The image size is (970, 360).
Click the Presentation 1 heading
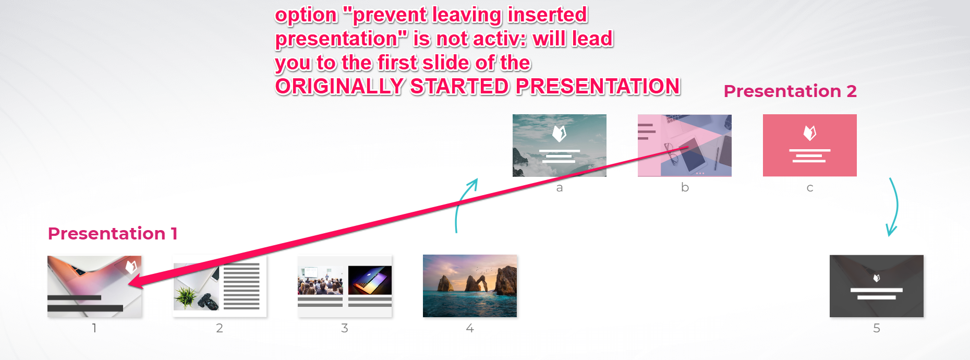tap(113, 234)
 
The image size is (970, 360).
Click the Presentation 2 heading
tap(790, 91)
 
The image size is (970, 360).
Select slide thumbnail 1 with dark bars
tap(94, 286)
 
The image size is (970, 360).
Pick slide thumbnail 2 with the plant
tap(220, 286)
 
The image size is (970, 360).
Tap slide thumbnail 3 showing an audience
tap(345, 286)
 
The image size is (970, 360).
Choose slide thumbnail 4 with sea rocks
tap(470, 286)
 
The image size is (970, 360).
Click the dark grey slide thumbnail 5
tap(877, 286)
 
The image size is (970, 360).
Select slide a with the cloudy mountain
tap(560, 146)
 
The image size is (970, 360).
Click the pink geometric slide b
tap(685, 146)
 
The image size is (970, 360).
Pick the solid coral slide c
tap(810, 146)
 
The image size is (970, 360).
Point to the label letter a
tap(560, 188)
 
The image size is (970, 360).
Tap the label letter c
tap(810, 188)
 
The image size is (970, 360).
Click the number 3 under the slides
tap(345, 328)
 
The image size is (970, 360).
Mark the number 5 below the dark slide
tap(877, 328)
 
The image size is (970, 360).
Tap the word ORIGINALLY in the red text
tap(339, 87)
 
